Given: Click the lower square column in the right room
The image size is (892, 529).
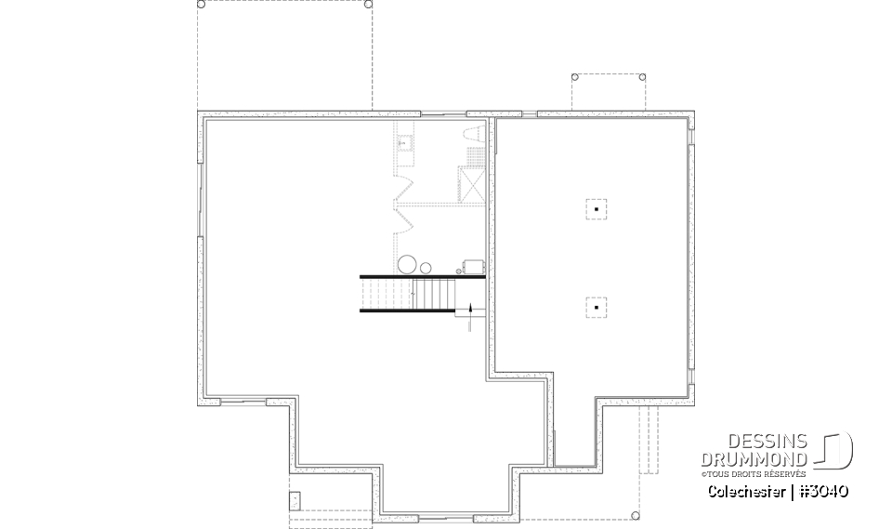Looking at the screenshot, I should click(596, 306).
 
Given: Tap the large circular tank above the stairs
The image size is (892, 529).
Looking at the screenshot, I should click(407, 264).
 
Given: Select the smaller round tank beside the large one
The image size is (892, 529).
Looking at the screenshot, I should click(426, 268).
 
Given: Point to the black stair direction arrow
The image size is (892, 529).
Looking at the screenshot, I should click(471, 309).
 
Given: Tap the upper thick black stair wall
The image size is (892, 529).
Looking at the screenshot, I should click(424, 275).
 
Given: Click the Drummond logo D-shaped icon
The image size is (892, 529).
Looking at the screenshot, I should click(835, 451).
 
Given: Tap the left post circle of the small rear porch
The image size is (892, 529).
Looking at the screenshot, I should click(575, 76).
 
